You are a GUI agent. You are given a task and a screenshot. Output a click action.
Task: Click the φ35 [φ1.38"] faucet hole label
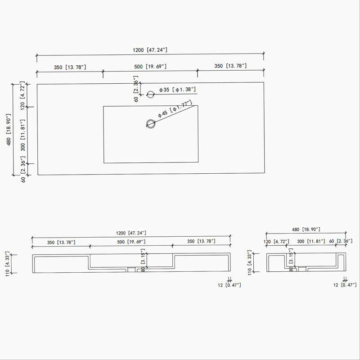(x=177, y=90)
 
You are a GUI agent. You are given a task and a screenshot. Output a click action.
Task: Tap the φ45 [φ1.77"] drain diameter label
(x=175, y=109)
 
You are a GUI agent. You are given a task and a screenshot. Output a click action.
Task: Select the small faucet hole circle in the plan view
(x=150, y=94)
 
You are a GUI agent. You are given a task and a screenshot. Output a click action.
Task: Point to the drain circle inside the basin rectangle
(x=151, y=124)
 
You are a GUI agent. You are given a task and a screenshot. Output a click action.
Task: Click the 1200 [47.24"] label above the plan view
(x=150, y=50)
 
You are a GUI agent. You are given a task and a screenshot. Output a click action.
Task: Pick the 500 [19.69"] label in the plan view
(x=150, y=67)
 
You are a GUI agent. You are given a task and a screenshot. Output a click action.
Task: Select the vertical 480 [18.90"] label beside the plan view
(x=9, y=130)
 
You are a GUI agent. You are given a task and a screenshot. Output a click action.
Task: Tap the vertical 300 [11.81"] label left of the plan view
(x=23, y=135)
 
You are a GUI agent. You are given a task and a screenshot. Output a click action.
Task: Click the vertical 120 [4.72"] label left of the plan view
(x=22, y=95)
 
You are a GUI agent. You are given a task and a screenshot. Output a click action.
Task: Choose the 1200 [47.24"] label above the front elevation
(x=131, y=233)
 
